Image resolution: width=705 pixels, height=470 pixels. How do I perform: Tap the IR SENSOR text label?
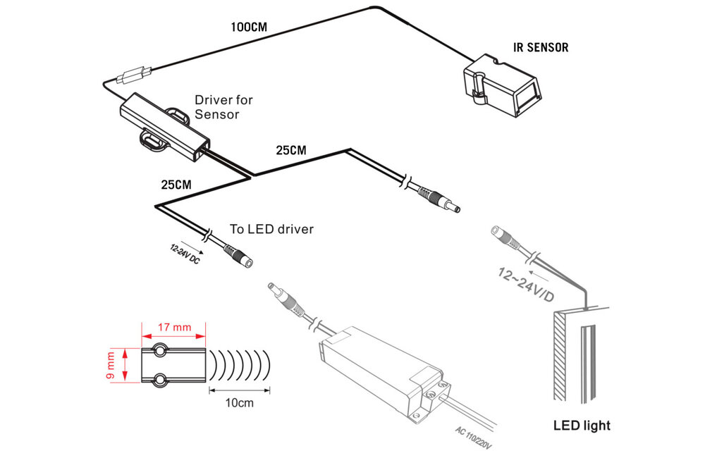[x=540, y=49]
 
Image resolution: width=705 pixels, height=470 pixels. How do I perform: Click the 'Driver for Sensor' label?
[x=223, y=107]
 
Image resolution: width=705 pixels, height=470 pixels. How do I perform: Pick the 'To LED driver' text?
[x=271, y=229]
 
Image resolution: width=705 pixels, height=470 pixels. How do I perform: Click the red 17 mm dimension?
[x=173, y=327]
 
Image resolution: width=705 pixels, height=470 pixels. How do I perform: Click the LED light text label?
[x=581, y=426]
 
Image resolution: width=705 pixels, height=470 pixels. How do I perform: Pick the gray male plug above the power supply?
[x=282, y=295]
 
